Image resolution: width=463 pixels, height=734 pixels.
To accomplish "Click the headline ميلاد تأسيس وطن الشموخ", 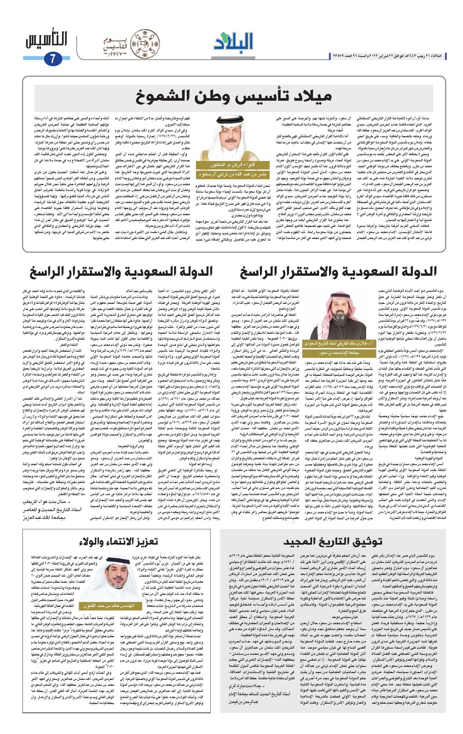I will pos(234,96).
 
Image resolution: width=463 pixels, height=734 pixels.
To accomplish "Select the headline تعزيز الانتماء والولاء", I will pos(119,541).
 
